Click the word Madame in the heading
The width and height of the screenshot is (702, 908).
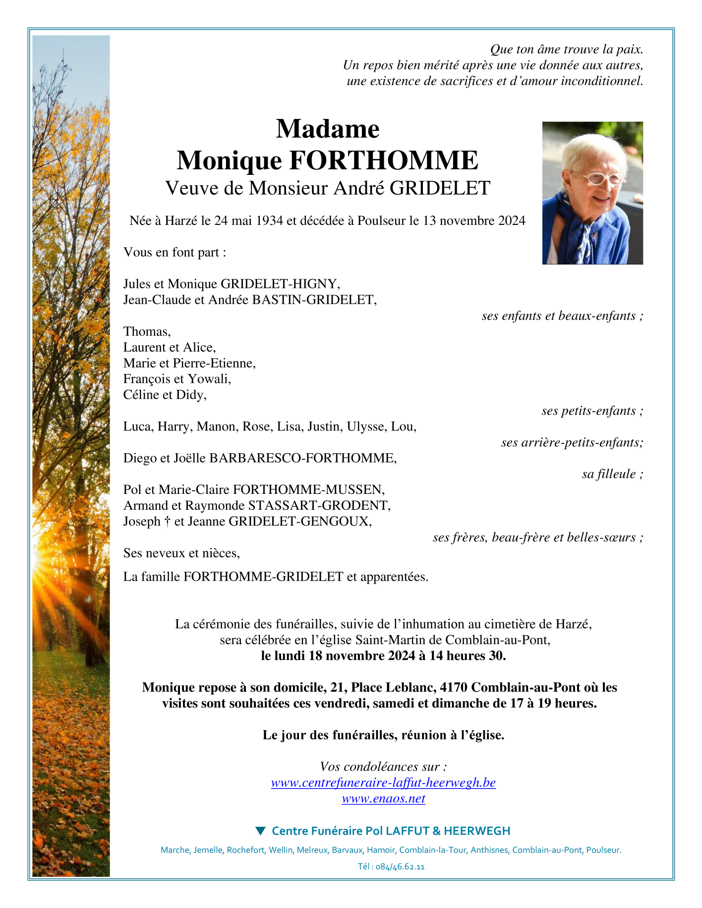tap(328, 129)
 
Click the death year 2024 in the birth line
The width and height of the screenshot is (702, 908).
tap(512, 221)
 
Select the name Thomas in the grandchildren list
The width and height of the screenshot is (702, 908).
tap(147, 331)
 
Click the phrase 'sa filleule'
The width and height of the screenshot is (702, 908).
tap(609, 474)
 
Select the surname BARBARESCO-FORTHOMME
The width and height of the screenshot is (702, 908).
tap(302, 458)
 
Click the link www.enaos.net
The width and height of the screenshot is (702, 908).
tap(383, 799)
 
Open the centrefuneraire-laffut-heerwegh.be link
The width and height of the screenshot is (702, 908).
tap(383, 783)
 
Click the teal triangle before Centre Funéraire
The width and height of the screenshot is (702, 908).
tap(260, 830)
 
